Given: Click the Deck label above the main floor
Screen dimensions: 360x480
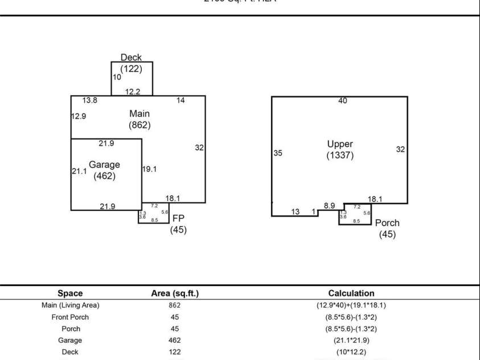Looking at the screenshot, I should click(131, 58).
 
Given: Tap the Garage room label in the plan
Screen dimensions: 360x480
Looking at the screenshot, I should click(104, 165).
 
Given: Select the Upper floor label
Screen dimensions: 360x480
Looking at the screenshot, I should click(340, 144).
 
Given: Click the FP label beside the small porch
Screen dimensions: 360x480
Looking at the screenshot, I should click(178, 218).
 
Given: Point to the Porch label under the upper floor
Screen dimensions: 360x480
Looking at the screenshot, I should click(387, 223).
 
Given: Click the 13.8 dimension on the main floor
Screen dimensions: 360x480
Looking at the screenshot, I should click(90, 100).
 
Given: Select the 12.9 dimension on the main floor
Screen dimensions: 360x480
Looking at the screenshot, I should click(79, 116).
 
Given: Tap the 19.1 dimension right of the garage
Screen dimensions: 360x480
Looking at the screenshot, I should click(150, 169).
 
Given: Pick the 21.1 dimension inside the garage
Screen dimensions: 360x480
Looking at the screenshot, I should click(79, 170).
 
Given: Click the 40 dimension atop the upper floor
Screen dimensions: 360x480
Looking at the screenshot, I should click(343, 101).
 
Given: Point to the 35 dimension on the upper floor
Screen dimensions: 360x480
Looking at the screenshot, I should click(278, 153).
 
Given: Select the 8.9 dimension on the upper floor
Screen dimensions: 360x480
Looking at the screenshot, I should click(329, 206).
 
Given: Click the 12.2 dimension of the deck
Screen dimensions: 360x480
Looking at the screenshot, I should click(133, 91).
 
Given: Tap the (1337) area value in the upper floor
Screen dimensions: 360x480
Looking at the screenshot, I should click(340, 155).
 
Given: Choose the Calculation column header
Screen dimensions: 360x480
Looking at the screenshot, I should click(351, 293).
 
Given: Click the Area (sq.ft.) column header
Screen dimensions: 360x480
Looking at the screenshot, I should click(174, 293).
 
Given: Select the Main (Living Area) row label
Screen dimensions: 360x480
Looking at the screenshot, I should click(71, 305).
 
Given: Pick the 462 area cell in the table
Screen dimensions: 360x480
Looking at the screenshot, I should click(175, 340).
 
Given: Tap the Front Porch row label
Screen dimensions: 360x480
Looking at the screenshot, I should click(71, 317).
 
